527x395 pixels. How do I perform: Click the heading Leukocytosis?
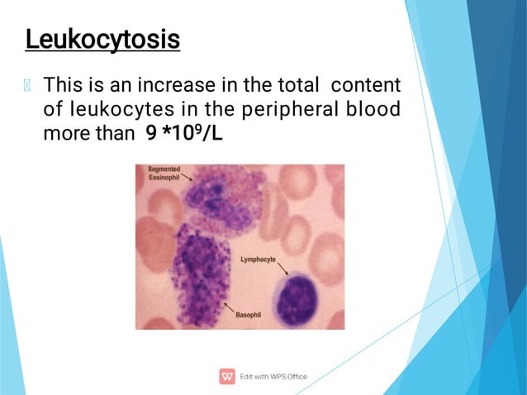tap(102, 39)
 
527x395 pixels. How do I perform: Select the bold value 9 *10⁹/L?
tap(184, 133)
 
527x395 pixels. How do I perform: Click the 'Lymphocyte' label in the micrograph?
tap(258, 259)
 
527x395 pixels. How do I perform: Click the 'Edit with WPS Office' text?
tap(273, 377)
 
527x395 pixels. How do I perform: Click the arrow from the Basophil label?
tap(229, 308)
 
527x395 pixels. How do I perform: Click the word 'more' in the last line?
tap(62, 133)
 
